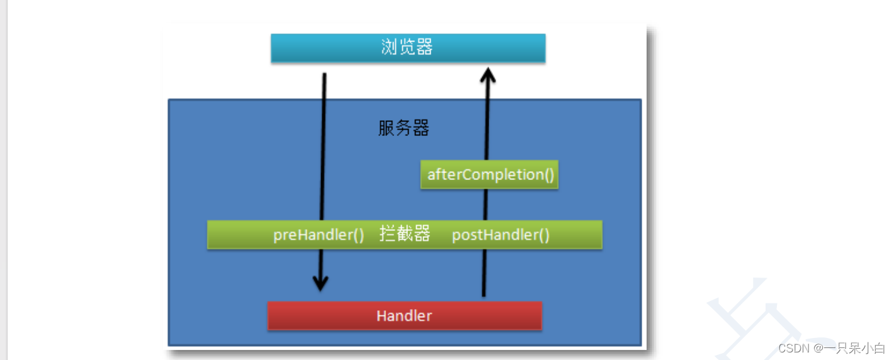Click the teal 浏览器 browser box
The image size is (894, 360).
pyautogui.click(x=408, y=48)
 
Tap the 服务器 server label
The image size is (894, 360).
pyautogui.click(x=404, y=128)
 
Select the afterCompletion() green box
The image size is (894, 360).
pyautogui.click(x=490, y=174)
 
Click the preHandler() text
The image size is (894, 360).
pyautogui.click(x=319, y=235)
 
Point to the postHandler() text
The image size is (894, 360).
pyautogui.click(x=501, y=235)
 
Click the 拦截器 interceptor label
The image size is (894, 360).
pyautogui.click(x=405, y=234)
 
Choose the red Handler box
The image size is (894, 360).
pyautogui.click(x=404, y=315)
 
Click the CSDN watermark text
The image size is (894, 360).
pyautogui.click(x=793, y=348)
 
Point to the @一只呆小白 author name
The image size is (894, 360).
pyautogui.click(x=849, y=348)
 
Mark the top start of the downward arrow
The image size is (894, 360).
pyautogui.click(x=324, y=76)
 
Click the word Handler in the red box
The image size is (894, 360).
pyautogui.click(x=404, y=315)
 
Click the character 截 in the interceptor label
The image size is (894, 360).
pyautogui.click(x=405, y=234)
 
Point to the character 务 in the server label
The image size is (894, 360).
pyautogui.click(x=404, y=128)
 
